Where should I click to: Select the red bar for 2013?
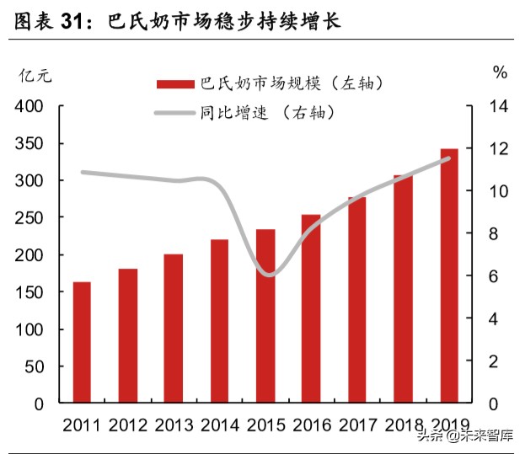pos(173,328)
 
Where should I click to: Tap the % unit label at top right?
pos(501,73)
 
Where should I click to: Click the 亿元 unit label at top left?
pos(35,73)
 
